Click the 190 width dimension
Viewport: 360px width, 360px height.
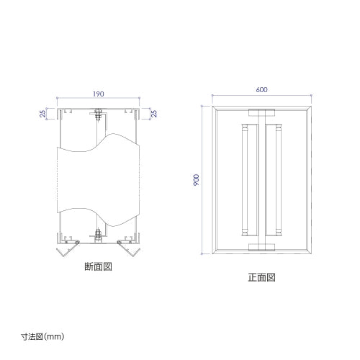pos(99,94)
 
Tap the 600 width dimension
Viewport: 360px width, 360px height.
pos(261,89)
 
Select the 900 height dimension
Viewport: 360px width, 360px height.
pos(196,180)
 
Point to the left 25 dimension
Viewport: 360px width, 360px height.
pos(42,114)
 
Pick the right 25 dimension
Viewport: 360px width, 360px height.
pos(154,114)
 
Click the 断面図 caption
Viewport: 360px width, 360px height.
pos(98,266)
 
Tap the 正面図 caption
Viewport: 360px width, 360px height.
pos(261,277)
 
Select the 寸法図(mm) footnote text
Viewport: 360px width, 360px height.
pos(42,336)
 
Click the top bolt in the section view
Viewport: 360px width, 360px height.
pos(98,114)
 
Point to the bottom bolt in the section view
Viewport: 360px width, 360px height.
pos(98,235)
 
